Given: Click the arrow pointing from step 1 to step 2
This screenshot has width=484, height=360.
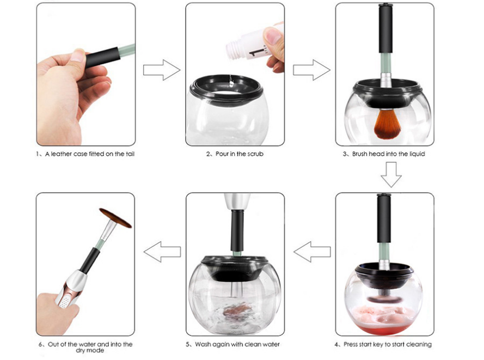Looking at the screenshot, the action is point(162,70).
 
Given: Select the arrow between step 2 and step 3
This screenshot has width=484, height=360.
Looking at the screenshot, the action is point(311,70).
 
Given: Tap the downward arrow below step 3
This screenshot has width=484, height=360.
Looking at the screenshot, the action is point(391,174).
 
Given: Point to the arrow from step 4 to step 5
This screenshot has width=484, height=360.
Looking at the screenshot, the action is point(312,252).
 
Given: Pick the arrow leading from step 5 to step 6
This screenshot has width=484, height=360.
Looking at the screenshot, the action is point(162,252).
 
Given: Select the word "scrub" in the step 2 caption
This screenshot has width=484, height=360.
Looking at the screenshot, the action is point(254,154).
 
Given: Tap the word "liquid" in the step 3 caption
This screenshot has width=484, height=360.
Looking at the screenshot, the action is point(416,154).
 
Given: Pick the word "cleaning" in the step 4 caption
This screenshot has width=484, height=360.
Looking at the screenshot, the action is point(419,344).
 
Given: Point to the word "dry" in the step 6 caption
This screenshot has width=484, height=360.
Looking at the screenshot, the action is point(81,351).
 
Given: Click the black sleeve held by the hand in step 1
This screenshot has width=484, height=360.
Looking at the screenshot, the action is point(102,57).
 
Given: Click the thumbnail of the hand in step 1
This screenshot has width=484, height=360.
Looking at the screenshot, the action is point(78,56).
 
